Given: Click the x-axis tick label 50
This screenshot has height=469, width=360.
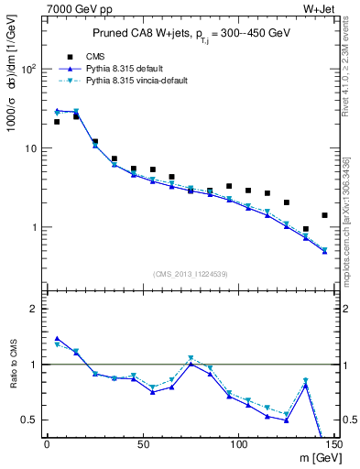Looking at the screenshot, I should [142, 445].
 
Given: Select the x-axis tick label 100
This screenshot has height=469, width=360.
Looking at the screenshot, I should [238, 445].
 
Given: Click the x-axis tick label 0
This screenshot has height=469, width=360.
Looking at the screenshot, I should [47, 445].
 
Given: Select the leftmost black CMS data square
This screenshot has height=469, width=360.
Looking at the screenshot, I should [57, 122].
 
